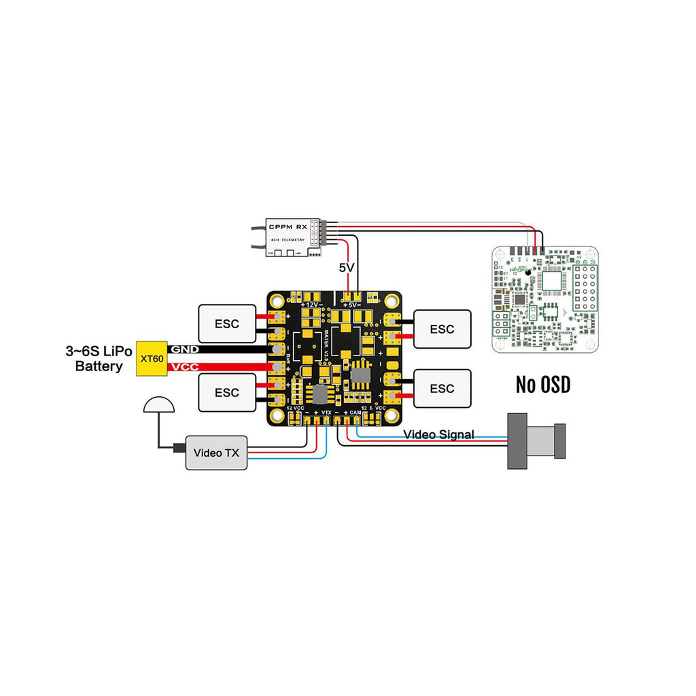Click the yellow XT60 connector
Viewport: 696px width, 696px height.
click(x=151, y=358)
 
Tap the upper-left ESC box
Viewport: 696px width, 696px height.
click(x=226, y=324)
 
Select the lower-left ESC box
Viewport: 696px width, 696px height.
click(x=226, y=392)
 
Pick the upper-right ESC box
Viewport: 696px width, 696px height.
click(x=442, y=329)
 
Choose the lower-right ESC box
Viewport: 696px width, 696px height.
click(x=442, y=388)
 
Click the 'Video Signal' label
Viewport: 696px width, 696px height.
click(x=438, y=434)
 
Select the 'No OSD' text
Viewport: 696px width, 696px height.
click(x=542, y=385)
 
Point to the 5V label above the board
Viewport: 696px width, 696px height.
click(x=347, y=268)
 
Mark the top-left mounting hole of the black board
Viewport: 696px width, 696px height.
click(x=278, y=299)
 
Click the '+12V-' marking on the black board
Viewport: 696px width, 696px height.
click(x=312, y=304)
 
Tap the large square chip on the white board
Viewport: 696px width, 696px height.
click(x=551, y=282)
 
